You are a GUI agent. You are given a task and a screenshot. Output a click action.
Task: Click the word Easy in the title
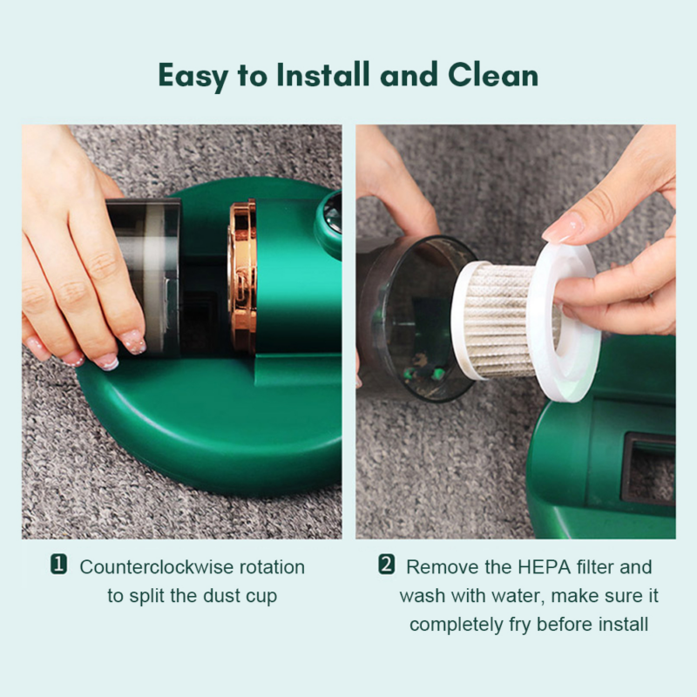click(x=193, y=76)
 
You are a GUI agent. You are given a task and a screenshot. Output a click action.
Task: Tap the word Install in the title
click(x=323, y=74)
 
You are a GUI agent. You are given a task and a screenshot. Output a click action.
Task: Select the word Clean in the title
click(x=493, y=74)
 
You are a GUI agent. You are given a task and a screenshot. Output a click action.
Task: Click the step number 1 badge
click(x=58, y=565)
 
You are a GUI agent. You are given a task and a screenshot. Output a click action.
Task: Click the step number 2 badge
click(x=386, y=565)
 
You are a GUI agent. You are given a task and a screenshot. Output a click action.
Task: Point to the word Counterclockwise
click(x=156, y=567)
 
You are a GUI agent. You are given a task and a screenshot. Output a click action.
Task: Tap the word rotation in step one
click(x=273, y=567)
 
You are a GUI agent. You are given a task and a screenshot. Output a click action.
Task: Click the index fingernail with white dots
click(x=134, y=342)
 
